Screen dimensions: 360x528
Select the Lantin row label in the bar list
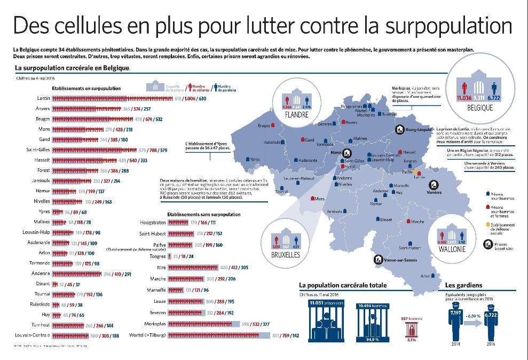(x=44, y=98)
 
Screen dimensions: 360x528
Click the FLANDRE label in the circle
(x=297, y=115)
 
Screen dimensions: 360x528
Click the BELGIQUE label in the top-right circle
(x=479, y=107)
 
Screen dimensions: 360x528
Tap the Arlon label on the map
(x=425, y=276)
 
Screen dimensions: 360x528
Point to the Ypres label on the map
(x=255, y=159)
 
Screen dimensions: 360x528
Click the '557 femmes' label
(x=411, y=318)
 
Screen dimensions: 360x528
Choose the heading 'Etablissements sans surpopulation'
(x=203, y=214)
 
